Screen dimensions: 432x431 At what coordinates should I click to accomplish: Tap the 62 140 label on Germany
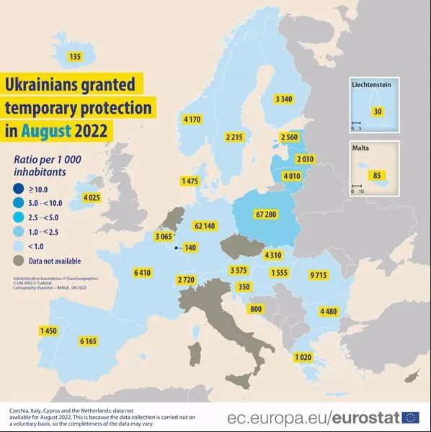(204, 226)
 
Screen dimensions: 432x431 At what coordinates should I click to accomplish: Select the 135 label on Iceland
(74, 57)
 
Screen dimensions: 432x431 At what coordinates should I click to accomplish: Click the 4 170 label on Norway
(193, 119)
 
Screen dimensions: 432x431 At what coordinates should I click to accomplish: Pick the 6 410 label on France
(143, 273)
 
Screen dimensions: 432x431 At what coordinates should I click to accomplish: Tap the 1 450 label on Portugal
(49, 330)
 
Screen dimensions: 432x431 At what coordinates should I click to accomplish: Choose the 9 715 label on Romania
(317, 275)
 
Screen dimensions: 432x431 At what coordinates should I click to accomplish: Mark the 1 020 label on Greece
(303, 357)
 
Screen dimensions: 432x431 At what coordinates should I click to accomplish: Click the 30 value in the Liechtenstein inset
(378, 112)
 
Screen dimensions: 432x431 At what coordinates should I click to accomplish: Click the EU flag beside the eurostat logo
(411, 417)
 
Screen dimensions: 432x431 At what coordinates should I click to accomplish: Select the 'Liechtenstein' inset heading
(371, 85)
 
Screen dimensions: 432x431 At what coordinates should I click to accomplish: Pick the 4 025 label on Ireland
(92, 197)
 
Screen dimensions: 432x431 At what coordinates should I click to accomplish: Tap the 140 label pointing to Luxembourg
(190, 248)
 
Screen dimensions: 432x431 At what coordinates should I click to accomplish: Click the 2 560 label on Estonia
(290, 137)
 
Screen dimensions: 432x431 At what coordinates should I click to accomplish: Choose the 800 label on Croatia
(255, 309)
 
